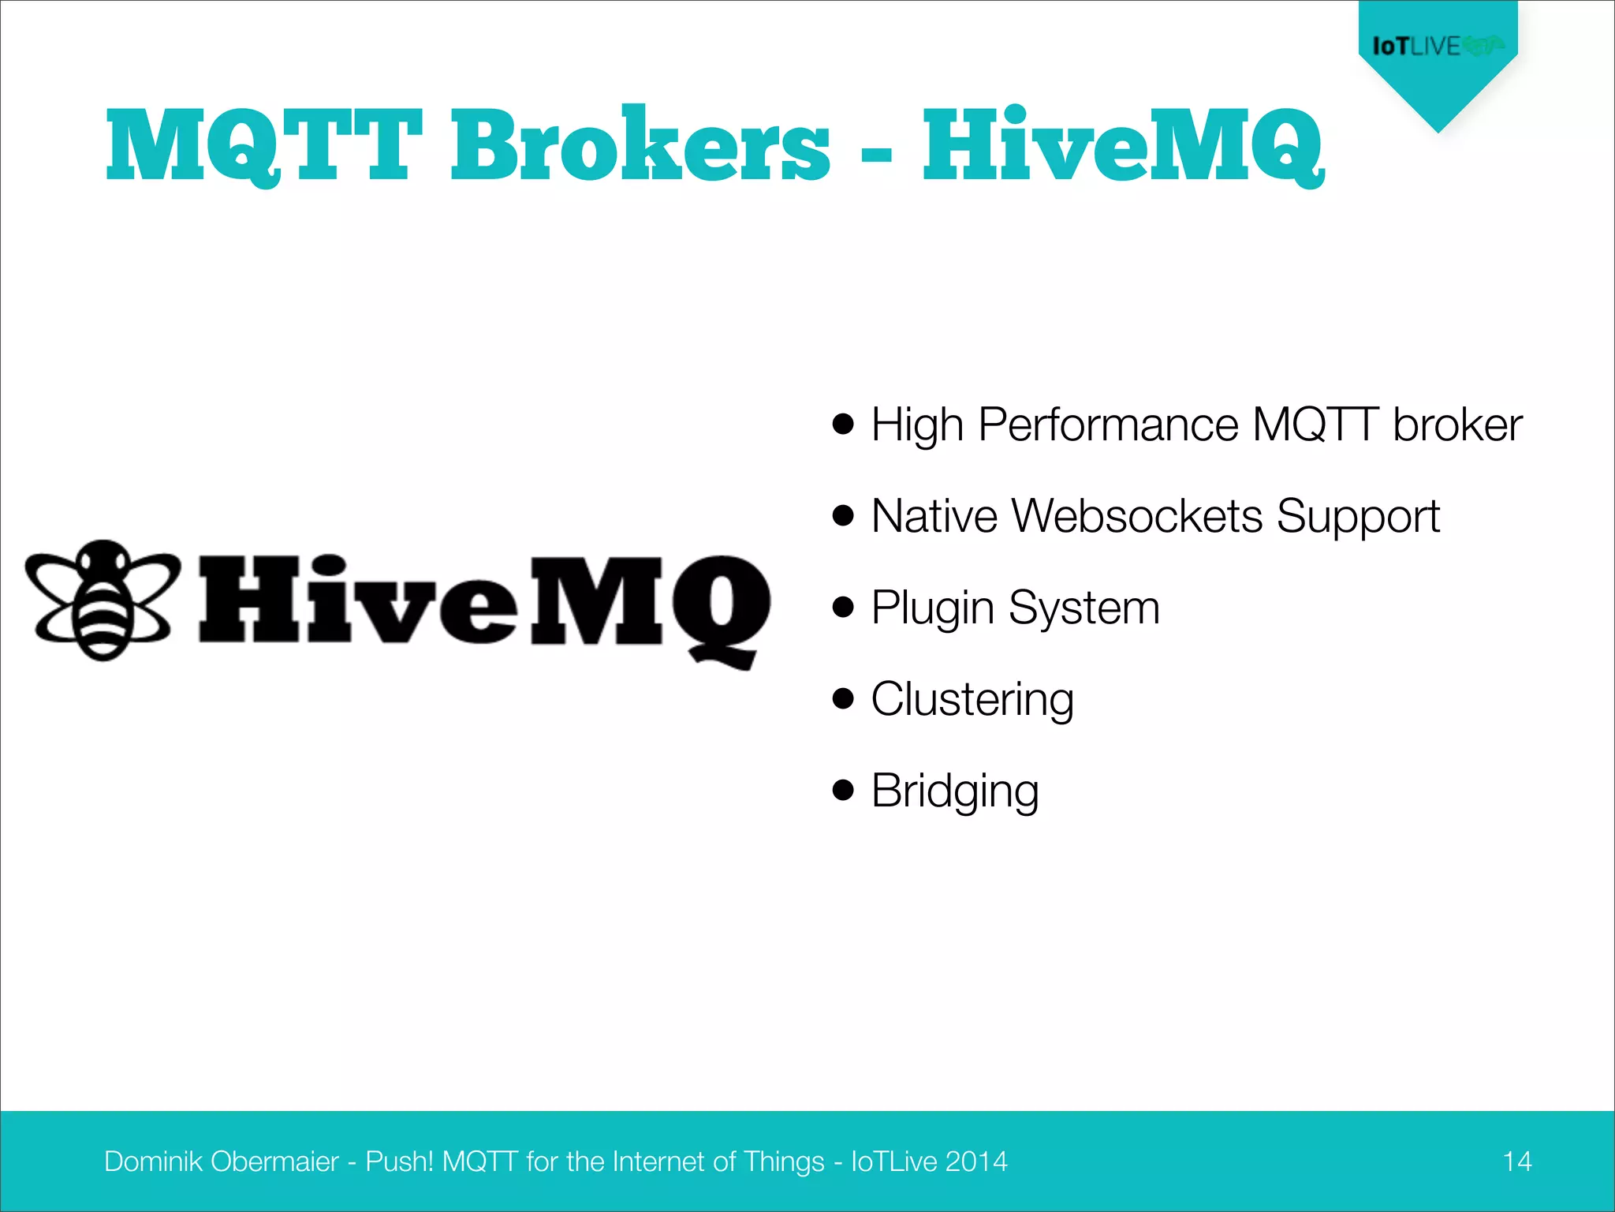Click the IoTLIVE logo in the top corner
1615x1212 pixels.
(x=1437, y=46)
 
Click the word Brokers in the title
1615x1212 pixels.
(x=640, y=145)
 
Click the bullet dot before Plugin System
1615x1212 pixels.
(x=843, y=607)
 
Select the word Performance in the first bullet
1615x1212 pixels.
(x=1109, y=425)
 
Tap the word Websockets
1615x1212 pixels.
(x=1136, y=516)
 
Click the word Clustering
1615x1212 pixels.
(x=972, y=699)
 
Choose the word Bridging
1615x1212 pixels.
(x=954, y=791)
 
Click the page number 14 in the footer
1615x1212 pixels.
(x=1516, y=1161)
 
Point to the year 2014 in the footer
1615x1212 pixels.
(x=975, y=1161)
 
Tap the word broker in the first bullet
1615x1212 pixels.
(x=1457, y=425)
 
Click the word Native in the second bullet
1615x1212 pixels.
(x=934, y=516)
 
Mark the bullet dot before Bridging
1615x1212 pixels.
(x=843, y=790)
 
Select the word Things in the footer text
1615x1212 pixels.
(x=783, y=1161)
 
